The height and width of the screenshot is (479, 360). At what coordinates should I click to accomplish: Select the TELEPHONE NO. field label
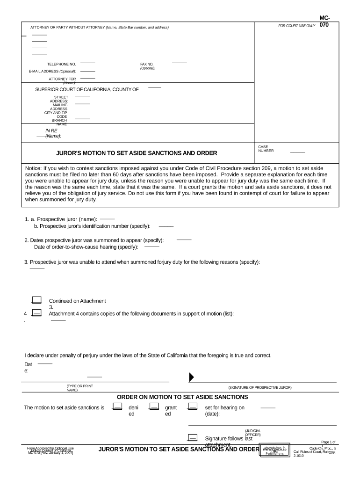point(61,64)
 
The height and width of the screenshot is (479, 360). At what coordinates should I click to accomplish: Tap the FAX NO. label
point(147,64)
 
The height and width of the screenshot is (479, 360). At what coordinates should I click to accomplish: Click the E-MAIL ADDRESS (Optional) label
point(52,71)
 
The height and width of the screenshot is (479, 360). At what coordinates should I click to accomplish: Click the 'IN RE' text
point(51,131)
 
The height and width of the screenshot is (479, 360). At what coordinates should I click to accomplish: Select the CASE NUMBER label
point(266,149)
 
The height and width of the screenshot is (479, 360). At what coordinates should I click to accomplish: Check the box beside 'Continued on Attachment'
point(36,300)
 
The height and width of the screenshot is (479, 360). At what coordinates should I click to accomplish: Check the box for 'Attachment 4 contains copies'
point(37,313)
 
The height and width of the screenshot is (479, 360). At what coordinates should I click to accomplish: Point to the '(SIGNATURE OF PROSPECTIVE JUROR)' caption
point(259,388)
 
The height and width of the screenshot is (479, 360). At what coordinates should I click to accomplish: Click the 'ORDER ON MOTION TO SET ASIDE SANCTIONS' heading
point(182,397)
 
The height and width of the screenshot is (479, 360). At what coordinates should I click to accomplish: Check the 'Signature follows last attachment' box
point(192,438)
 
